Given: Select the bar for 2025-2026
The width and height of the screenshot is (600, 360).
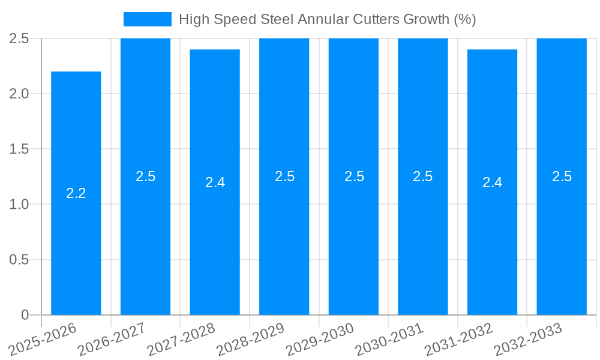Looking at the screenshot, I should pos(76,240).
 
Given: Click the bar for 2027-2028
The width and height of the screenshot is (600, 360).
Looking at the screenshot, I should pos(215,240).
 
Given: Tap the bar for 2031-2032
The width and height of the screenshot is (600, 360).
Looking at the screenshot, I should pos(492,240).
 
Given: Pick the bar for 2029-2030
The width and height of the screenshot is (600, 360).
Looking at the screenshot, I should pos(353,240).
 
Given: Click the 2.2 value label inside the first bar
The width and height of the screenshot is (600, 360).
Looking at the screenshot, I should pos(76,193).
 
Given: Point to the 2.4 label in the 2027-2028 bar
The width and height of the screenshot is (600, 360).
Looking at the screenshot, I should pos(215,182).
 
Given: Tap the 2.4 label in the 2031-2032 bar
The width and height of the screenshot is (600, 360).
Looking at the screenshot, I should pos(492,182).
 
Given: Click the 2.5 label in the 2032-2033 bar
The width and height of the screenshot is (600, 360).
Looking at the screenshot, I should pos(562,176).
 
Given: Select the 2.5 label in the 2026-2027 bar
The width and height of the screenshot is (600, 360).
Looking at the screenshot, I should pos(145,176).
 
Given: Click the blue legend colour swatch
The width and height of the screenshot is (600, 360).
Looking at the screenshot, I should pos(148,19).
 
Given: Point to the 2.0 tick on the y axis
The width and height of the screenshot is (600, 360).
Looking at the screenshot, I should pos(19,94).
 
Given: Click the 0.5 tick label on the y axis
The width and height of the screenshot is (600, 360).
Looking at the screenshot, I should pos(19,260).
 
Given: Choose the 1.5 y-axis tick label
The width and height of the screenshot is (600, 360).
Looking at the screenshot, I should pos(19,149).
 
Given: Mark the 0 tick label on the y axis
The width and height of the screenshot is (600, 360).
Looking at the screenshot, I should pos(25,315).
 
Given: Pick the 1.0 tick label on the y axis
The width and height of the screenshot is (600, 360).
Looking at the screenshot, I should pos(19,205).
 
